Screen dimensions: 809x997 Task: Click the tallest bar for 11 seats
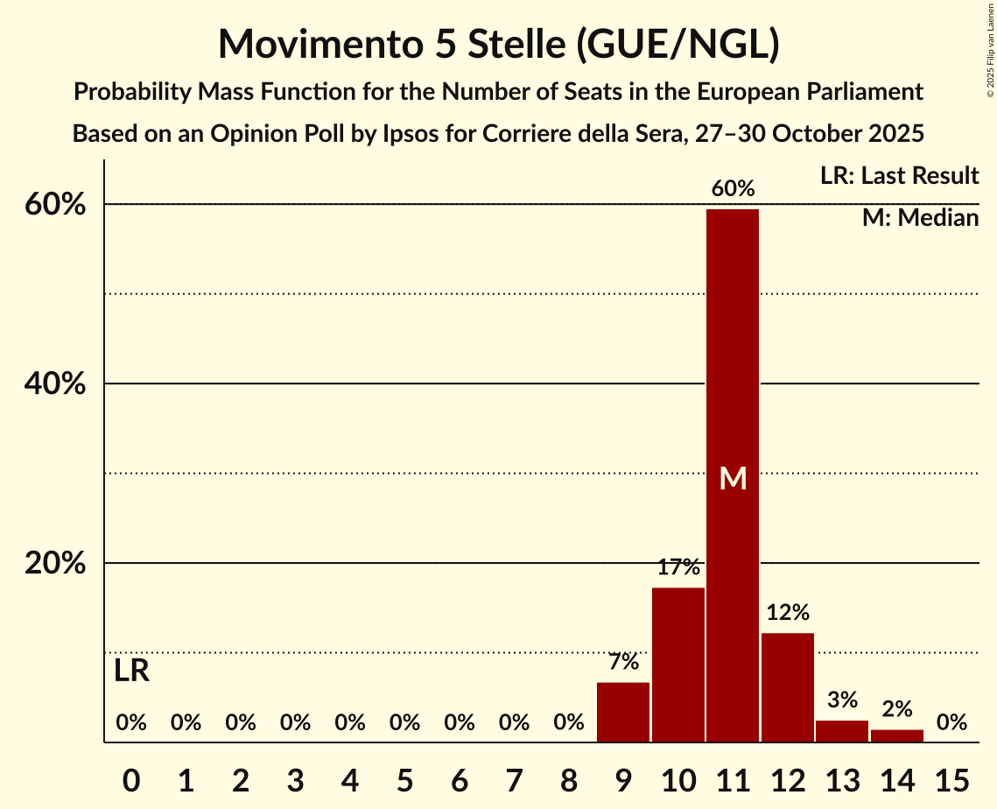[x=733, y=475]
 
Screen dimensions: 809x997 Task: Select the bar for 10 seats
[x=678, y=665]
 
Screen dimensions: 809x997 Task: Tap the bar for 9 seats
[x=623, y=712]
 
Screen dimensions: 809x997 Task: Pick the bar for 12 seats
[x=788, y=687]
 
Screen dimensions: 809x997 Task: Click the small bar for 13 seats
[x=842, y=731]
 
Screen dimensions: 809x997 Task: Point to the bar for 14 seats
[x=897, y=735]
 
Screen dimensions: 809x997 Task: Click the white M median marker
[x=733, y=478]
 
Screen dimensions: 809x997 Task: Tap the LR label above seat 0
[x=131, y=672]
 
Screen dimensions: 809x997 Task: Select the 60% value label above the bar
[x=733, y=188]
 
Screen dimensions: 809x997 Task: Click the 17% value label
[x=678, y=567]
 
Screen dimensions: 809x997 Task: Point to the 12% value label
[x=788, y=612]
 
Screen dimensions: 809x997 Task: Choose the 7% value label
[x=623, y=662]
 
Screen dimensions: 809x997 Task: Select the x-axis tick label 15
[x=951, y=777]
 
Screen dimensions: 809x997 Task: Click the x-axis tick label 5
[x=404, y=777]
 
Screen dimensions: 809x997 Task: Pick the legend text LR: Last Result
[x=899, y=176]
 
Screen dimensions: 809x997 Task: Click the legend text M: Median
[x=920, y=218]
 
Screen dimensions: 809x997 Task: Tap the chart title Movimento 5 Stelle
[x=498, y=44]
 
